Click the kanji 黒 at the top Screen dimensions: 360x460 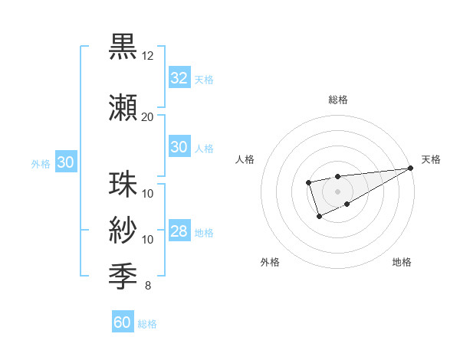click(x=123, y=47)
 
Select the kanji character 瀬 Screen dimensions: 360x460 click(x=123, y=109)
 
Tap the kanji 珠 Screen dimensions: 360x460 click(x=123, y=185)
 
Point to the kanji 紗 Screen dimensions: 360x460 click(x=123, y=231)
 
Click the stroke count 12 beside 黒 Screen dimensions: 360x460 click(x=147, y=56)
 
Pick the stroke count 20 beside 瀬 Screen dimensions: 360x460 click(x=147, y=117)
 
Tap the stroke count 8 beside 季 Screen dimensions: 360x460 click(x=147, y=286)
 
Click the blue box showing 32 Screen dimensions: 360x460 click(x=179, y=78)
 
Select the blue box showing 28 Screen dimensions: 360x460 click(x=179, y=231)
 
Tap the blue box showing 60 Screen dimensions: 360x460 click(x=122, y=322)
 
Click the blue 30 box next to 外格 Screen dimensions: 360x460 click(x=65, y=162)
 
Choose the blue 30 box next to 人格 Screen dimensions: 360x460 click(x=179, y=147)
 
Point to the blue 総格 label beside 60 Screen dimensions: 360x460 click(x=147, y=324)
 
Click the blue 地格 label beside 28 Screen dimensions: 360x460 click(x=204, y=232)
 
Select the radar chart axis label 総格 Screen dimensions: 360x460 click(x=337, y=100)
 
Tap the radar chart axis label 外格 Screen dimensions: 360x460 click(x=270, y=262)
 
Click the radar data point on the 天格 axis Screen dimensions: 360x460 click(x=411, y=168)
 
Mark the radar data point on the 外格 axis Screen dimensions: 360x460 click(x=320, y=217)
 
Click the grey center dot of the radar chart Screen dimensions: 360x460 click(x=337, y=191)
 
